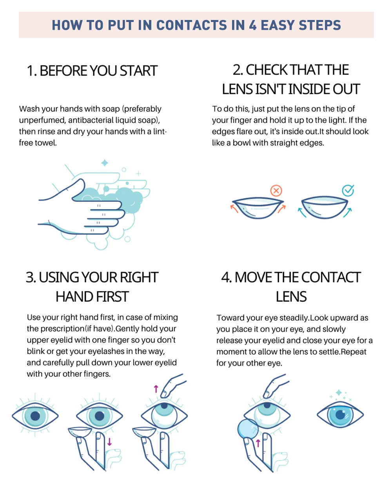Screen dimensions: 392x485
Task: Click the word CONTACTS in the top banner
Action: tap(192, 25)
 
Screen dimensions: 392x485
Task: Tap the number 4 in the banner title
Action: tap(253, 25)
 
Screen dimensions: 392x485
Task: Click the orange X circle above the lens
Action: tap(276, 191)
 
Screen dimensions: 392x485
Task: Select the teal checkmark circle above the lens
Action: tap(348, 191)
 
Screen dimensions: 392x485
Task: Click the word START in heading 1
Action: tap(138, 71)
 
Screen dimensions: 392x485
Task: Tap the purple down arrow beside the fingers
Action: tap(109, 442)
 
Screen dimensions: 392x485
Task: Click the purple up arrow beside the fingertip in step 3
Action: tap(156, 389)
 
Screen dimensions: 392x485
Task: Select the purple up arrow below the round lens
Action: tap(258, 443)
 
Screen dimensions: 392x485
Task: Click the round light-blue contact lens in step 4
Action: tap(248, 429)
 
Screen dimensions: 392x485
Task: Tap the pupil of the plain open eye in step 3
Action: tap(35, 416)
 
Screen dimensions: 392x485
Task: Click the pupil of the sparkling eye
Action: tap(340, 415)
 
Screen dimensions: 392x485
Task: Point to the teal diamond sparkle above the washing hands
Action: tap(105, 163)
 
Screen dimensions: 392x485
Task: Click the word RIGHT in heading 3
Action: tap(139, 277)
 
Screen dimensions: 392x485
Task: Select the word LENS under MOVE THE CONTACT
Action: tap(291, 297)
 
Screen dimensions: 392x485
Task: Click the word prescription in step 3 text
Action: tap(63, 329)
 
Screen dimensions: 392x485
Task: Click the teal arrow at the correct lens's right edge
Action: tap(348, 213)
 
